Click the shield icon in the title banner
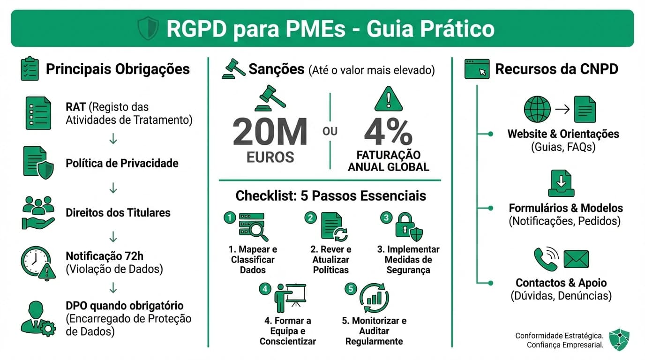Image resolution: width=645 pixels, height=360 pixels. (x=148, y=29)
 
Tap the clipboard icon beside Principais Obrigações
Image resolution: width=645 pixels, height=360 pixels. (x=30, y=69)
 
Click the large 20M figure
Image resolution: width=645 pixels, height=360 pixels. (x=270, y=132)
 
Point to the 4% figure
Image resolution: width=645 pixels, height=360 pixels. (x=388, y=132)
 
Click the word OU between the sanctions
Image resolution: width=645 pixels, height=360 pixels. (x=330, y=131)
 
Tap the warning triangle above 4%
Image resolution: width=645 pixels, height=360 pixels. (x=389, y=99)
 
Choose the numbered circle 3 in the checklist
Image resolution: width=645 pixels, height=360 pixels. (x=386, y=217)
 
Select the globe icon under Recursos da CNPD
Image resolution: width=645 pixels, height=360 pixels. (x=537, y=109)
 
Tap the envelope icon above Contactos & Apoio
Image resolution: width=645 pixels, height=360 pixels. (x=576, y=259)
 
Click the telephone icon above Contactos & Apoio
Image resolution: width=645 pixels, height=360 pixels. (x=546, y=259)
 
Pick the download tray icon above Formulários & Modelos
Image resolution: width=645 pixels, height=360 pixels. (x=561, y=183)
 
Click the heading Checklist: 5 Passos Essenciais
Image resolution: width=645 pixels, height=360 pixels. (x=331, y=195)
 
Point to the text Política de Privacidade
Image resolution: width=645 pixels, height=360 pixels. (x=122, y=163)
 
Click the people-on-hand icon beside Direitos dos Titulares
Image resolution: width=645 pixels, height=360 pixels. (x=37, y=212)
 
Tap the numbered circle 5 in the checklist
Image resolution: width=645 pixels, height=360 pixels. (x=351, y=289)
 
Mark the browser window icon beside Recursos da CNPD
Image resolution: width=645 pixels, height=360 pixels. (x=477, y=69)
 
